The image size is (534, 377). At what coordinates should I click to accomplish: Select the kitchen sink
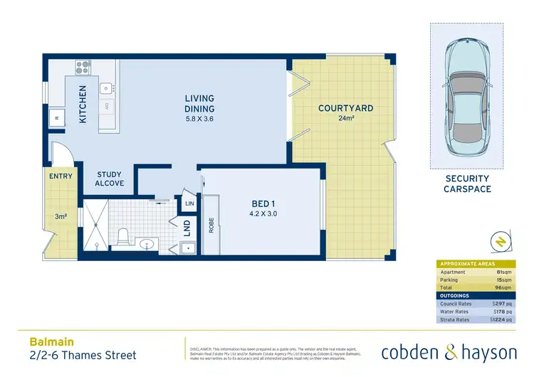(x=106, y=88)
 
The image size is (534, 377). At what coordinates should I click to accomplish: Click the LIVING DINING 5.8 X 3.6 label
(x=199, y=108)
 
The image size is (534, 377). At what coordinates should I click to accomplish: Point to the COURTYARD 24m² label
(x=345, y=112)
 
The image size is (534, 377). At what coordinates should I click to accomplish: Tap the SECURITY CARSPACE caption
(x=466, y=184)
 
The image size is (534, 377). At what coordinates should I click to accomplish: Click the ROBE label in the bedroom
(x=211, y=225)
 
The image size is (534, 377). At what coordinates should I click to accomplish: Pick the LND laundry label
(x=187, y=229)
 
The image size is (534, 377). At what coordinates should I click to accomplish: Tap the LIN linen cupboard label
(x=189, y=203)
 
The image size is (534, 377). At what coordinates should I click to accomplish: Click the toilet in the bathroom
(x=122, y=234)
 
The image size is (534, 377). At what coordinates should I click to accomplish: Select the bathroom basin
(x=148, y=245)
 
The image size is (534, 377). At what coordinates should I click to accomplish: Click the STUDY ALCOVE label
(x=110, y=179)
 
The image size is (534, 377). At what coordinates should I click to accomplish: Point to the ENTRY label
(x=61, y=176)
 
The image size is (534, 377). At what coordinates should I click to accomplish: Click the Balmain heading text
(x=44, y=342)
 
